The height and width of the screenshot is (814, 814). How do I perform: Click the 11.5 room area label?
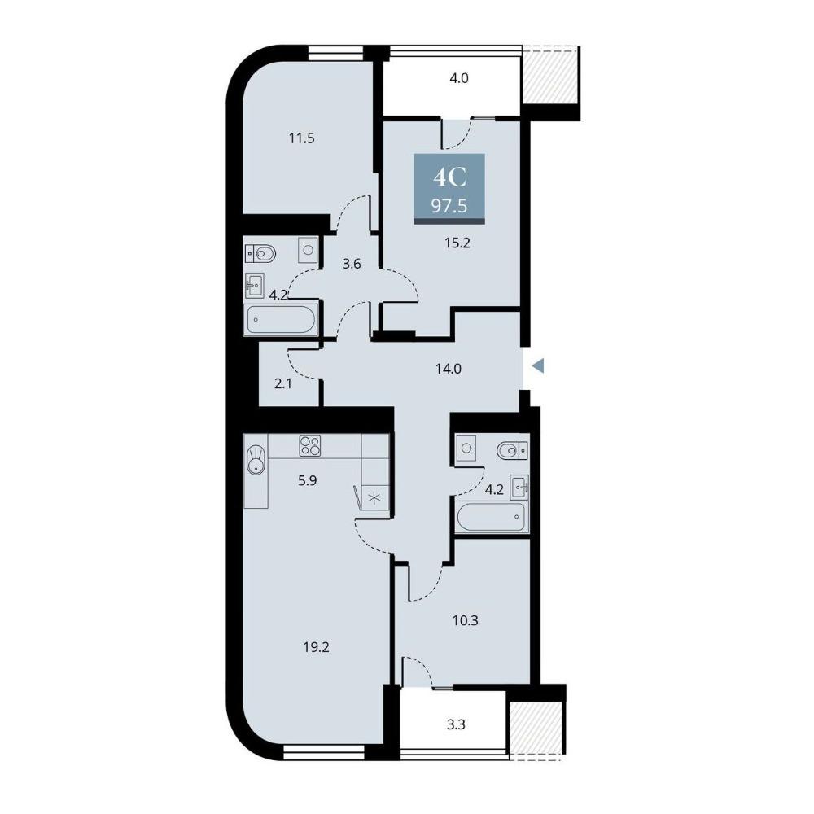[x=302, y=138]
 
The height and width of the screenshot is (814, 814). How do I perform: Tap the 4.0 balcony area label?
[x=459, y=78]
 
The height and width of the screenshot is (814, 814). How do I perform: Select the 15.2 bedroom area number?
[x=457, y=243]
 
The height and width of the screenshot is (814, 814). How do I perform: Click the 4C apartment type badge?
[x=450, y=178]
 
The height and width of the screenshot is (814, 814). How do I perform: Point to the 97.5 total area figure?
[x=449, y=206]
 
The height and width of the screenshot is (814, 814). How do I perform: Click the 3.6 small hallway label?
[x=352, y=265]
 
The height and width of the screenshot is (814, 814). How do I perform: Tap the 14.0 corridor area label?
[x=449, y=369]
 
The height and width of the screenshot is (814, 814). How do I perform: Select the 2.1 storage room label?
[x=283, y=385]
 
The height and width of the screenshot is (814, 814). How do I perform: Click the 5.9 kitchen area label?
[x=308, y=481]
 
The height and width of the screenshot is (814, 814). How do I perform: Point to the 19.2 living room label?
[x=316, y=647]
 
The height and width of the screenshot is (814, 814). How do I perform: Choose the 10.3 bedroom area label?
[x=465, y=620]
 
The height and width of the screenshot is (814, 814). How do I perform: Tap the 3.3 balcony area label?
[x=456, y=724]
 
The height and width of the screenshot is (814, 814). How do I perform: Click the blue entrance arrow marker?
[x=538, y=366]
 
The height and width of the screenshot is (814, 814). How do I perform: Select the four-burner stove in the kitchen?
[x=310, y=446]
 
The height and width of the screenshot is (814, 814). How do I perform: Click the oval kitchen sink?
[x=256, y=459]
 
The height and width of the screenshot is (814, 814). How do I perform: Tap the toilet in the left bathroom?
[x=260, y=254]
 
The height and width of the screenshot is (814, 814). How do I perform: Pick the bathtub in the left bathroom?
[x=281, y=320]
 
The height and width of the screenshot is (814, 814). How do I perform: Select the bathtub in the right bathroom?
[x=491, y=516]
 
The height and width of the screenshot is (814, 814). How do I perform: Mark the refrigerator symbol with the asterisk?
[x=374, y=498]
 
